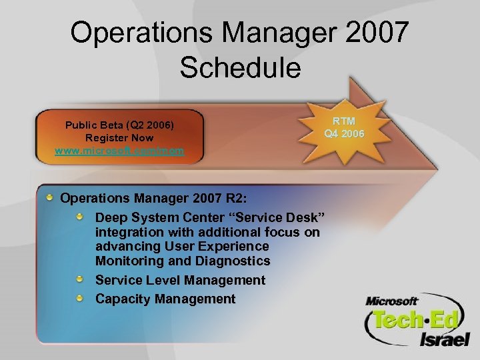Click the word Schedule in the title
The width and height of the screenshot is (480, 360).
tap(240, 67)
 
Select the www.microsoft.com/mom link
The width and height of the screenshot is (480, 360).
tap(119, 151)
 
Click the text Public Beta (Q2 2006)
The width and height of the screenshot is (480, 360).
tap(119, 125)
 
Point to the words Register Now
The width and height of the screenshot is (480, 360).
tap(119, 138)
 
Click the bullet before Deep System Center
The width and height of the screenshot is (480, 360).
tap(80, 217)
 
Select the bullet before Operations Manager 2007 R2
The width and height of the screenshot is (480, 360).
tap(51, 197)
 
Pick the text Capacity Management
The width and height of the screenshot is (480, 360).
tap(165, 299)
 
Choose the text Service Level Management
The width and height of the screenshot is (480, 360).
tap(180, 280)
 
